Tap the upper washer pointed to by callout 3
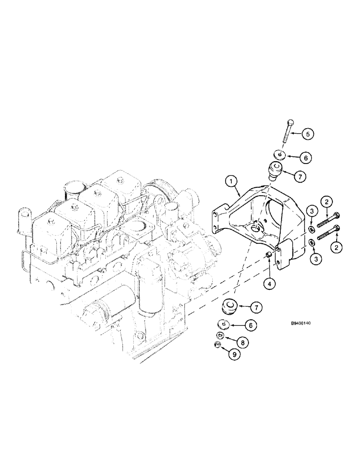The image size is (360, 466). tap(311, 229)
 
